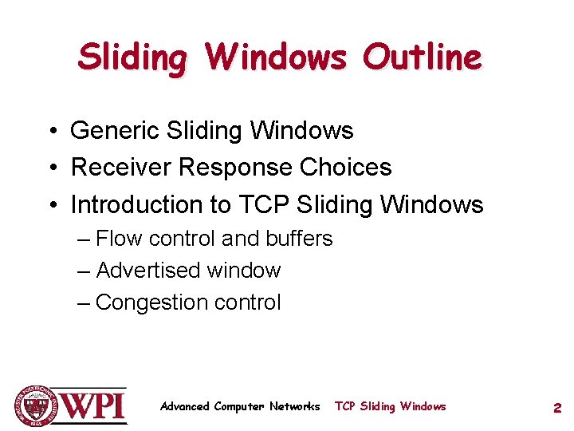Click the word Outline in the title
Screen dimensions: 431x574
422,57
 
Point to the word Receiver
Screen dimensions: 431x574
122,168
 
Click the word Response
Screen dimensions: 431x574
236,168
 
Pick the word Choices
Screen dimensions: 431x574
346,168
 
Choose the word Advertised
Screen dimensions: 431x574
147,271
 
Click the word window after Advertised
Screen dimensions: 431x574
243,271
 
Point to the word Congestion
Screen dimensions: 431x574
149,302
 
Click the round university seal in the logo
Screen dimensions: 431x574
36,406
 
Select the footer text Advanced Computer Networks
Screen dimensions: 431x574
239,406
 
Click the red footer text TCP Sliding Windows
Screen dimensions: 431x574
391,406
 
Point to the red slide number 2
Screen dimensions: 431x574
557,408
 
